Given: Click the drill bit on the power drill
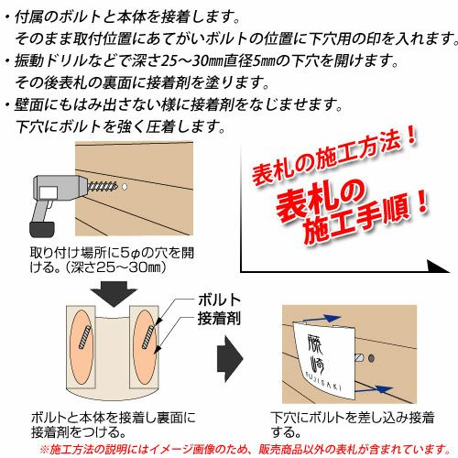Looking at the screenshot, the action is (x=103, y=185).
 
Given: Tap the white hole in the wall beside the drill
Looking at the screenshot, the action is (x=125, y=187).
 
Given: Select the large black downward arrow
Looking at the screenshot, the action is (x=114, y=294).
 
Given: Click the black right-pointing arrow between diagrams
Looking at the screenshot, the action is (x=230, y=358).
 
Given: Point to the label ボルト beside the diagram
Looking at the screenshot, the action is (x=219, y=300).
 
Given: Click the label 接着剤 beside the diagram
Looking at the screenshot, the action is (x=219, y=319).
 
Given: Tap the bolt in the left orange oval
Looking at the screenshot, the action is (x=84, y=337).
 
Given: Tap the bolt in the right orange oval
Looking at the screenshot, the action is (x=147, y=337).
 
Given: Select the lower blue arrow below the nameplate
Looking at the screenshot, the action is (x=375, y=389).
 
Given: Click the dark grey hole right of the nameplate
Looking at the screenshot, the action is (x=371, y=358).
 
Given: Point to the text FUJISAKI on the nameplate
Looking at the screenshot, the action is (x=323, y=381).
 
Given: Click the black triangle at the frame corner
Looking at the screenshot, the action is (x=438, y=266).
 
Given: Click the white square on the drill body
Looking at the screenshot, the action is (x=49, y=192).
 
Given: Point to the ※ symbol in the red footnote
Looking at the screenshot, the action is (x=44, y=449).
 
